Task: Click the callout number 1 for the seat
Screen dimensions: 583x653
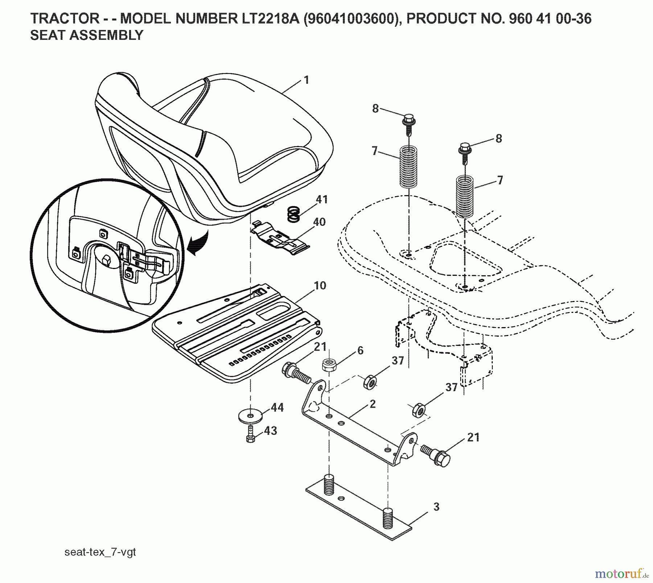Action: coord(307,80)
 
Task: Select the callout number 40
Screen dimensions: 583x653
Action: coord(319,222)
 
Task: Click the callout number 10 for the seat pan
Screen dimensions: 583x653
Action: coord(320,285)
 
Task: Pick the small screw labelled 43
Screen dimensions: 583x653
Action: coord(250,435)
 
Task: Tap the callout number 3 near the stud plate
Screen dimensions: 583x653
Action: coord(436,506)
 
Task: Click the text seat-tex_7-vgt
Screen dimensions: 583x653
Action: coord(100,552)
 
